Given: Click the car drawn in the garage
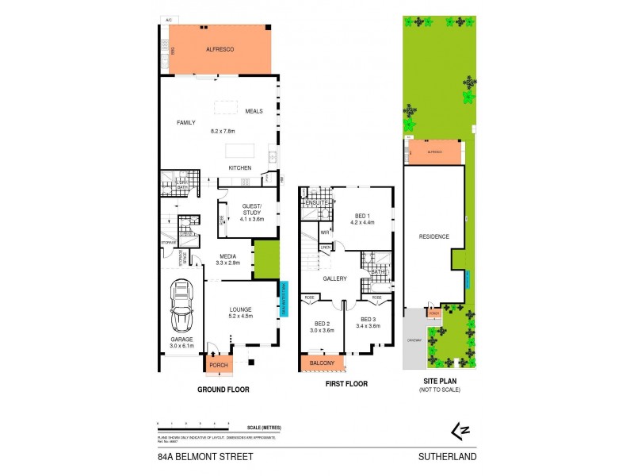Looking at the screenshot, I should pos(181,308).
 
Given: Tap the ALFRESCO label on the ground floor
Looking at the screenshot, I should pos(218,49).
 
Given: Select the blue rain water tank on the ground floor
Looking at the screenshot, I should pos(283,299).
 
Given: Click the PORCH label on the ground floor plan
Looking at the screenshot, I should pos(218,366).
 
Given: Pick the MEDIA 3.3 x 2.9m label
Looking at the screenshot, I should pos(228,258).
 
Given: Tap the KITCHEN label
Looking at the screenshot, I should pos(240,168).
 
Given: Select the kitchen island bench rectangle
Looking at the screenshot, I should pos(247,152).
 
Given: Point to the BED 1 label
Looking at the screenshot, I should pos(362,217).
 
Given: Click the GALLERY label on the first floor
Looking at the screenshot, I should pos(335,278).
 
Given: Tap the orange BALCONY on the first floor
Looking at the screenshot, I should pos(323,363).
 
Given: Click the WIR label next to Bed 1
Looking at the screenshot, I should pos(325,232).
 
